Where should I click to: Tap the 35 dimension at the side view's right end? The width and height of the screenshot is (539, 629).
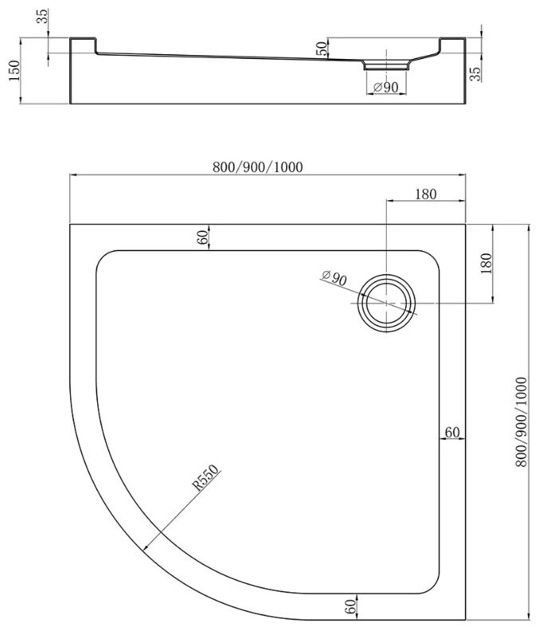click(x=477, y=73)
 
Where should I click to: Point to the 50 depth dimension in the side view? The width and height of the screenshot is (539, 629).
click(x=321, y=48)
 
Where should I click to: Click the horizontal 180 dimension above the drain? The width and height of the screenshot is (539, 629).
click(x=425, y=195)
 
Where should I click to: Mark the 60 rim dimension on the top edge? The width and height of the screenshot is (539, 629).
click(x=203, y=237)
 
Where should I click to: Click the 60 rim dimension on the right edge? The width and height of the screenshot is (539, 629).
click(x=452, y=432)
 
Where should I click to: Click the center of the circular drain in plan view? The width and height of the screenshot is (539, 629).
click(x=387, y=303)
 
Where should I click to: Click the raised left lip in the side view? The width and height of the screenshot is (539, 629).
click(x=83, y=45)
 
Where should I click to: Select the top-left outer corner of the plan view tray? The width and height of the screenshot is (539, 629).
click(x=70, y=224)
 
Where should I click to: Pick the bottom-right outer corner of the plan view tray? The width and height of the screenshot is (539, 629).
click(x=466, y=621)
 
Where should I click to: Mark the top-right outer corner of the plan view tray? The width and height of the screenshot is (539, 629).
click(x=466, y=224)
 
